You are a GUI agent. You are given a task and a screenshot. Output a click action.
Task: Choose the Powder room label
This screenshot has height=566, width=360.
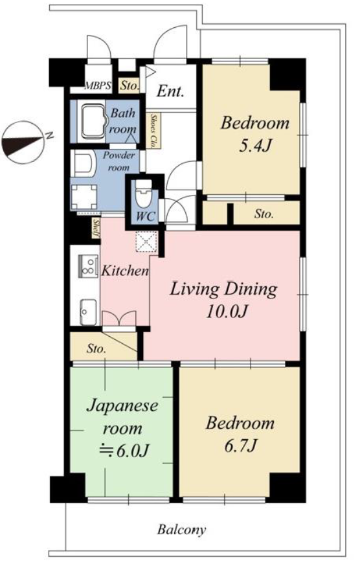[118, 161]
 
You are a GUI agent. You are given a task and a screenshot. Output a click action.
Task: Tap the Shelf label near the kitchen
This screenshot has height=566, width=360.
[96, 229]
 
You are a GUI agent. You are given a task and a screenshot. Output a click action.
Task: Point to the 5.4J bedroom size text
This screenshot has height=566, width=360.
[255, 145]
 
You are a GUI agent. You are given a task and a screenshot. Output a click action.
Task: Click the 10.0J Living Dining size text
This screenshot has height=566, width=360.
[226, 311]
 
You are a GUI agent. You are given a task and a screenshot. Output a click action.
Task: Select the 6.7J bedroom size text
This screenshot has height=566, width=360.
[240, 446]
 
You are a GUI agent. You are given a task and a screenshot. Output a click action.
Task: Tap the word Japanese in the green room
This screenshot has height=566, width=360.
[122, 406]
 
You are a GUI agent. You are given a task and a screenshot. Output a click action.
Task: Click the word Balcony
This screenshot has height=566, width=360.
[182, 530]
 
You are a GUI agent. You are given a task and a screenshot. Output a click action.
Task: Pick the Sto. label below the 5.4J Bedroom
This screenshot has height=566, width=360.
[264, 214]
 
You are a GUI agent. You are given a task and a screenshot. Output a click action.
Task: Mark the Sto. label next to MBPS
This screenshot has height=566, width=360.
[129, 86]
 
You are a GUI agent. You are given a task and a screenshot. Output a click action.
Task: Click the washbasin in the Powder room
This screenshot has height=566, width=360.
[83, 164]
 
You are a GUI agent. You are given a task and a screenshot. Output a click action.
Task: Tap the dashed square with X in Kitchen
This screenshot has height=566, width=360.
[146, 241]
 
